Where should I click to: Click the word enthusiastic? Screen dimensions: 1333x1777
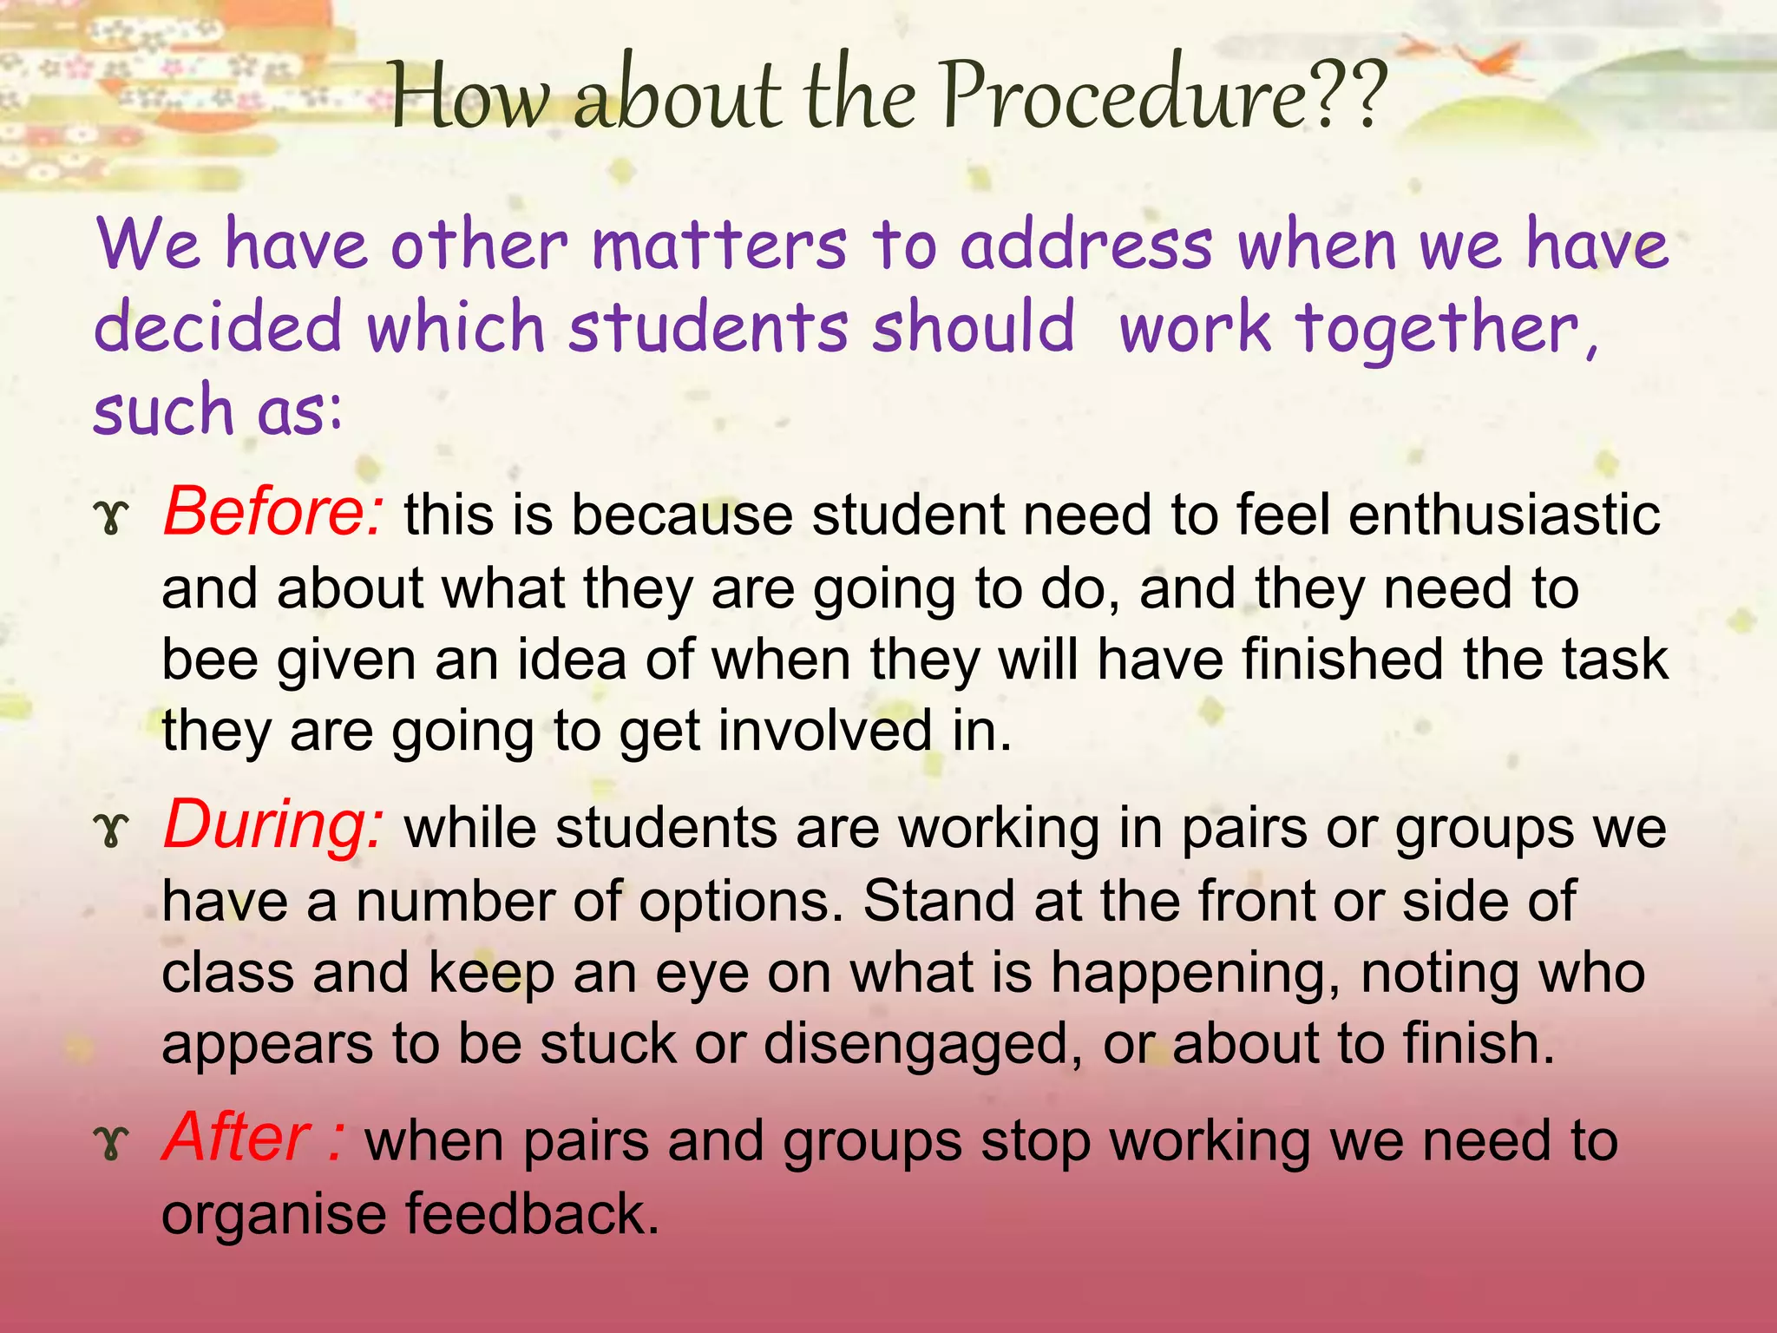click(1505, 514)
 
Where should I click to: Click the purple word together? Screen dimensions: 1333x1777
click(1445, 330)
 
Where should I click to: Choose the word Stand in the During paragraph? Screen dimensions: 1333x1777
click(939, 901)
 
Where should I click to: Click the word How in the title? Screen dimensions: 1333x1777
click(469, 97)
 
